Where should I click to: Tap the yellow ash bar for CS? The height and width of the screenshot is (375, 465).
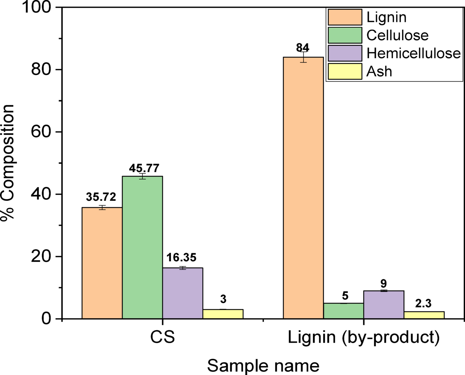coord(223,314)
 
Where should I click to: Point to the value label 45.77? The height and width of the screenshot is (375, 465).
coord(144,168)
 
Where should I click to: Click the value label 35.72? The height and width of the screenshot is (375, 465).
coord(101,197)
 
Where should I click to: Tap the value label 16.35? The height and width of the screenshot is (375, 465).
coord(181,258)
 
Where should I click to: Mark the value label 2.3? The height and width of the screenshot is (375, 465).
coord(423,304)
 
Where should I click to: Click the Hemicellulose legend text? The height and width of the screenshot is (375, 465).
coord(413,54)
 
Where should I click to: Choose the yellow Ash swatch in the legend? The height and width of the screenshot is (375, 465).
coord(345,71)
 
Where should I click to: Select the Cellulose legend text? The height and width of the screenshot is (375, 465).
coord(397,35)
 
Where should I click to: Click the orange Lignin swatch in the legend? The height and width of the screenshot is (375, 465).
coord(345,17)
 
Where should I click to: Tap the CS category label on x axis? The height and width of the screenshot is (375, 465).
coord(162,337)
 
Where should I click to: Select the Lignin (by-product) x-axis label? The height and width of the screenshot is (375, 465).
coord(364,337)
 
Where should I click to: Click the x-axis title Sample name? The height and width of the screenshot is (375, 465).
coord(263,366)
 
